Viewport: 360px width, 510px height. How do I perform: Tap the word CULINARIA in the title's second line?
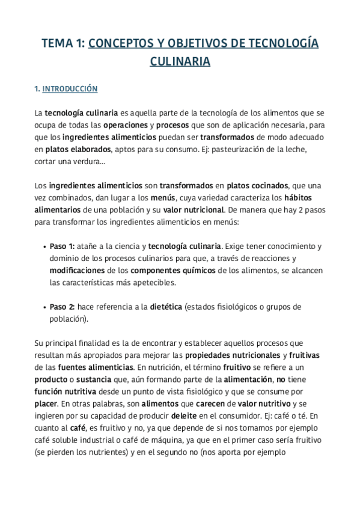coord(180,61)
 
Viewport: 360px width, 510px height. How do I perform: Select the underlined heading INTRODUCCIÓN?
coord(70,88)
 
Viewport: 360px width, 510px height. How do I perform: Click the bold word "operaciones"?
coord(126,125)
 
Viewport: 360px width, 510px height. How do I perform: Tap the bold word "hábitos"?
coord(298,198)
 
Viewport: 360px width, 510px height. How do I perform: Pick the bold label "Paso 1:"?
coord(62,247)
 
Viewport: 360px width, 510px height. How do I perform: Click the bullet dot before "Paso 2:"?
coord(46,307)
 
